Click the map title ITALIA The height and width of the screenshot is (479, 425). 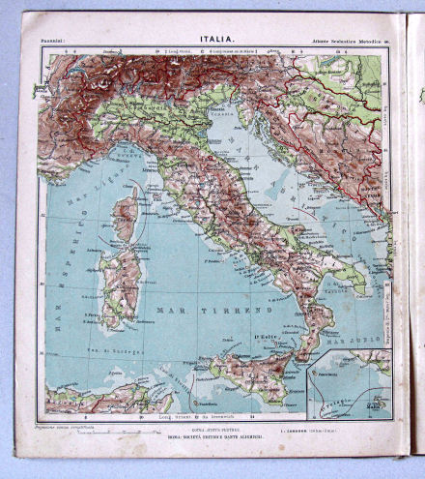point(215,39)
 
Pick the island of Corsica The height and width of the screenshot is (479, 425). point(125,218)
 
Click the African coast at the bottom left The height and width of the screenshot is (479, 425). point(97,397)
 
